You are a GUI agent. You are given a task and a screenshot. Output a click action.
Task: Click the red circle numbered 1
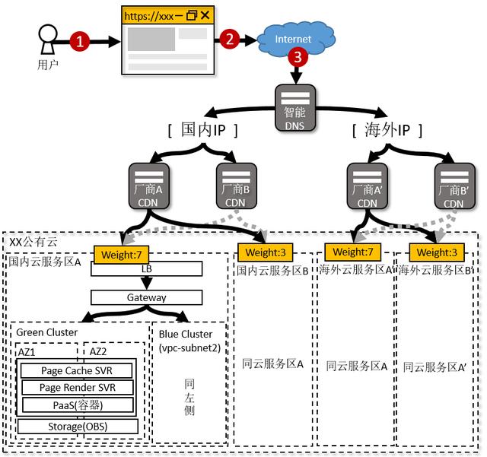pos(79,41)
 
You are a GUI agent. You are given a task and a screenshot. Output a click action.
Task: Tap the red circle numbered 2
pos(230,39)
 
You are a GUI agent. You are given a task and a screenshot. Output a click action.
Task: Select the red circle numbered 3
pos(298,57)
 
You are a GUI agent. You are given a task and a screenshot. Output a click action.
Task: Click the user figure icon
pos(48,40)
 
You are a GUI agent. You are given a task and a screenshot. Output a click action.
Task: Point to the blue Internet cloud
pos(296,39)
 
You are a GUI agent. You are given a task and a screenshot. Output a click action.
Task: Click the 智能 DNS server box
pos(295,108)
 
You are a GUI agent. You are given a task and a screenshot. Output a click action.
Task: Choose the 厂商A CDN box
pos(149,186)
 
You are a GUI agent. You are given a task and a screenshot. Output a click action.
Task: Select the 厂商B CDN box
pos(237,186)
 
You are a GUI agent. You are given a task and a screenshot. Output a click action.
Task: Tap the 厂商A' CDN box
pos(368,186)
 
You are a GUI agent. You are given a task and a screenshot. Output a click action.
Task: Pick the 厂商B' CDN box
pos(455,186)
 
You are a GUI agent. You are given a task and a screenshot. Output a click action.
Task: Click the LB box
pos(147,268)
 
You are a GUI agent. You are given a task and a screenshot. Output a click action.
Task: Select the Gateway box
pos(147,297)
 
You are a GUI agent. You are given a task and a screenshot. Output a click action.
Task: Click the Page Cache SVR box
pos(76,370)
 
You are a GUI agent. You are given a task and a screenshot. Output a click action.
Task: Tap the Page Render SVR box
pos(78,388)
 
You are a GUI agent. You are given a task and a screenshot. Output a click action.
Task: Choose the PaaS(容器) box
pos(78,405)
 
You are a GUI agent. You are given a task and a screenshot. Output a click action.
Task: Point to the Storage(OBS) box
pos(78,427)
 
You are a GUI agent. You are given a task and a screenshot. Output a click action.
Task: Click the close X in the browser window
pos(205,15)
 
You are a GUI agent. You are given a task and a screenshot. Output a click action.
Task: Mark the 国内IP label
pos(203,130)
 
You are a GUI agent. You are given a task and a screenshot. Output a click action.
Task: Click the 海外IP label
pos(387,130)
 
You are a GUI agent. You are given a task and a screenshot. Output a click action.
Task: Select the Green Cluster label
pos(47,332)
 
